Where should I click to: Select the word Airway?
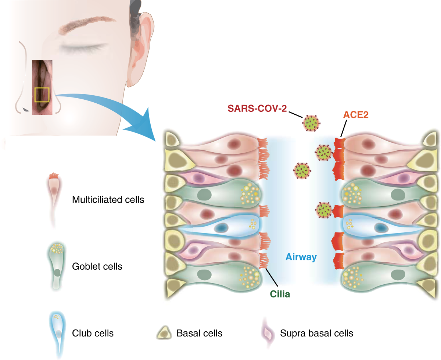tap(301, 257)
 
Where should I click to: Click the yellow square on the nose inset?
tap(42, 95)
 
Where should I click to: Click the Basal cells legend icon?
tap(165, 333)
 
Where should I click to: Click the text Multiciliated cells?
tap(108, 200)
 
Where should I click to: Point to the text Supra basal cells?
tap(316, 334)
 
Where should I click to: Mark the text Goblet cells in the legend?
tap(97, 266)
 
